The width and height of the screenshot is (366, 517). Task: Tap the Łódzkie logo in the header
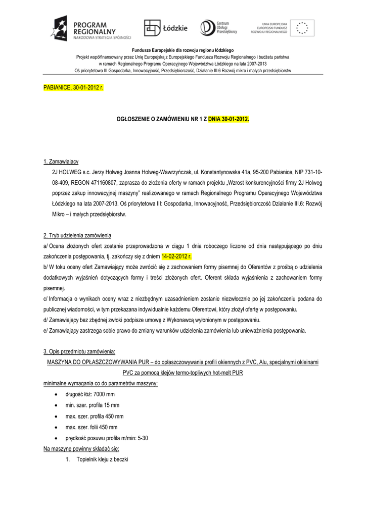(x=165, y=28)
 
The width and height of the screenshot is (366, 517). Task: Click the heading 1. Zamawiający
(x=61, y=162)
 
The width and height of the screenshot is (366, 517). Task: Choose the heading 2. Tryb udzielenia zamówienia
(x=77, y=236)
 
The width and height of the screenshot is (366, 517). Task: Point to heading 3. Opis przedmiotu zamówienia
(x=79, y=351)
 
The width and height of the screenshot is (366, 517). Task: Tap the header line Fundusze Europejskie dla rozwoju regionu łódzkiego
(x=182, y=51)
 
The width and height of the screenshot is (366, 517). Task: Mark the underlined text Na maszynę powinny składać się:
(x=81, y=449)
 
